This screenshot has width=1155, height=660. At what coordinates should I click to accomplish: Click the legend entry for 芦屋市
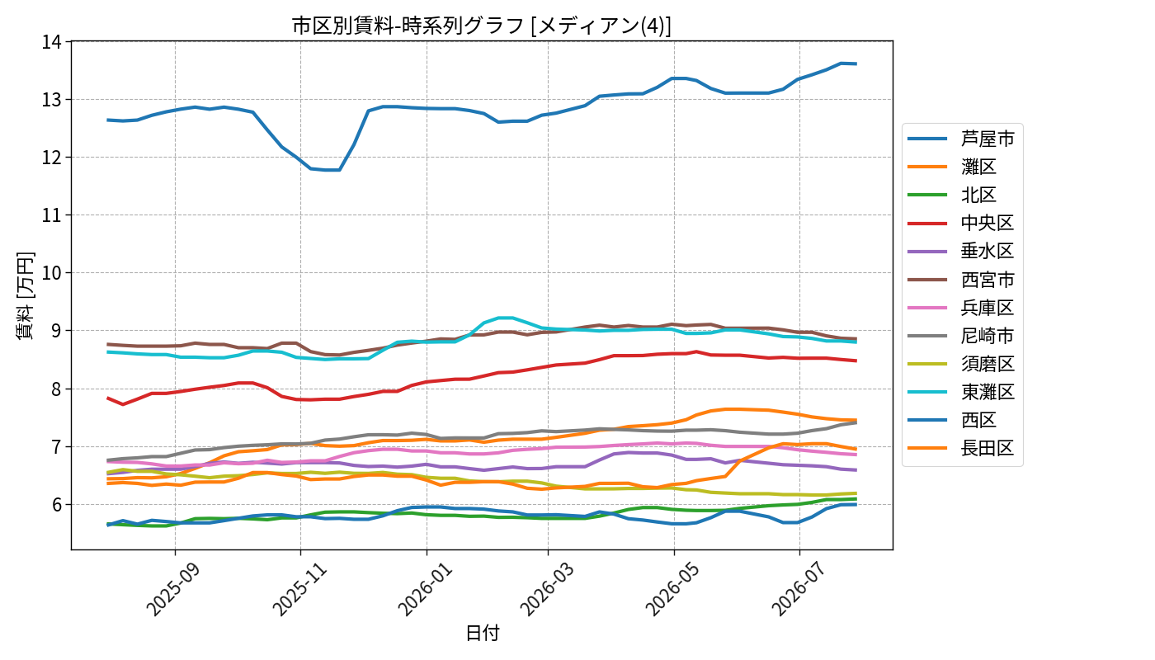point(961,139)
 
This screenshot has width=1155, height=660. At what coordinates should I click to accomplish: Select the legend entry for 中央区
point(961,223)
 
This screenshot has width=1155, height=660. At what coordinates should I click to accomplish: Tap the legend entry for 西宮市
point(961,280)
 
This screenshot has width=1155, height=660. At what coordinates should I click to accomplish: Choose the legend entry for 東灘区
point(961,392)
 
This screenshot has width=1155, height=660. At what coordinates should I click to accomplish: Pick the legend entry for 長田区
point(961,448)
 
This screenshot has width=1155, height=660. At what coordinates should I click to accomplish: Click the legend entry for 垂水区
point(961,251)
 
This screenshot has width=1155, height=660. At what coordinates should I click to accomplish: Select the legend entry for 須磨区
point(961,364)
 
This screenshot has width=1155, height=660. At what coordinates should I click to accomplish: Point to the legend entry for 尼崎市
point(961,336)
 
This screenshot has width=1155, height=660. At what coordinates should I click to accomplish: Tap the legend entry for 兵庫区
point(961,307)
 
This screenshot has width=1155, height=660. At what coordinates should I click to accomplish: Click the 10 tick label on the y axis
point(51,273)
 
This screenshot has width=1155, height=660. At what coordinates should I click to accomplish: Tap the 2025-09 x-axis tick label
point(172,589)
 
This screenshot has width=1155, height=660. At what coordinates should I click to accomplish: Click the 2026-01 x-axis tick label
point(425,589)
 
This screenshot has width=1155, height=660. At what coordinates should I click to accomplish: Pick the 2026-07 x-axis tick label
point(799,589)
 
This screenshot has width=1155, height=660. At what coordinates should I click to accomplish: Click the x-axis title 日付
point(483,633)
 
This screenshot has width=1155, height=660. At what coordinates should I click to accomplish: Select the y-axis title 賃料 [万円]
point(25,296)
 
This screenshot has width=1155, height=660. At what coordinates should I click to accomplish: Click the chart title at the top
point(482,26)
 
